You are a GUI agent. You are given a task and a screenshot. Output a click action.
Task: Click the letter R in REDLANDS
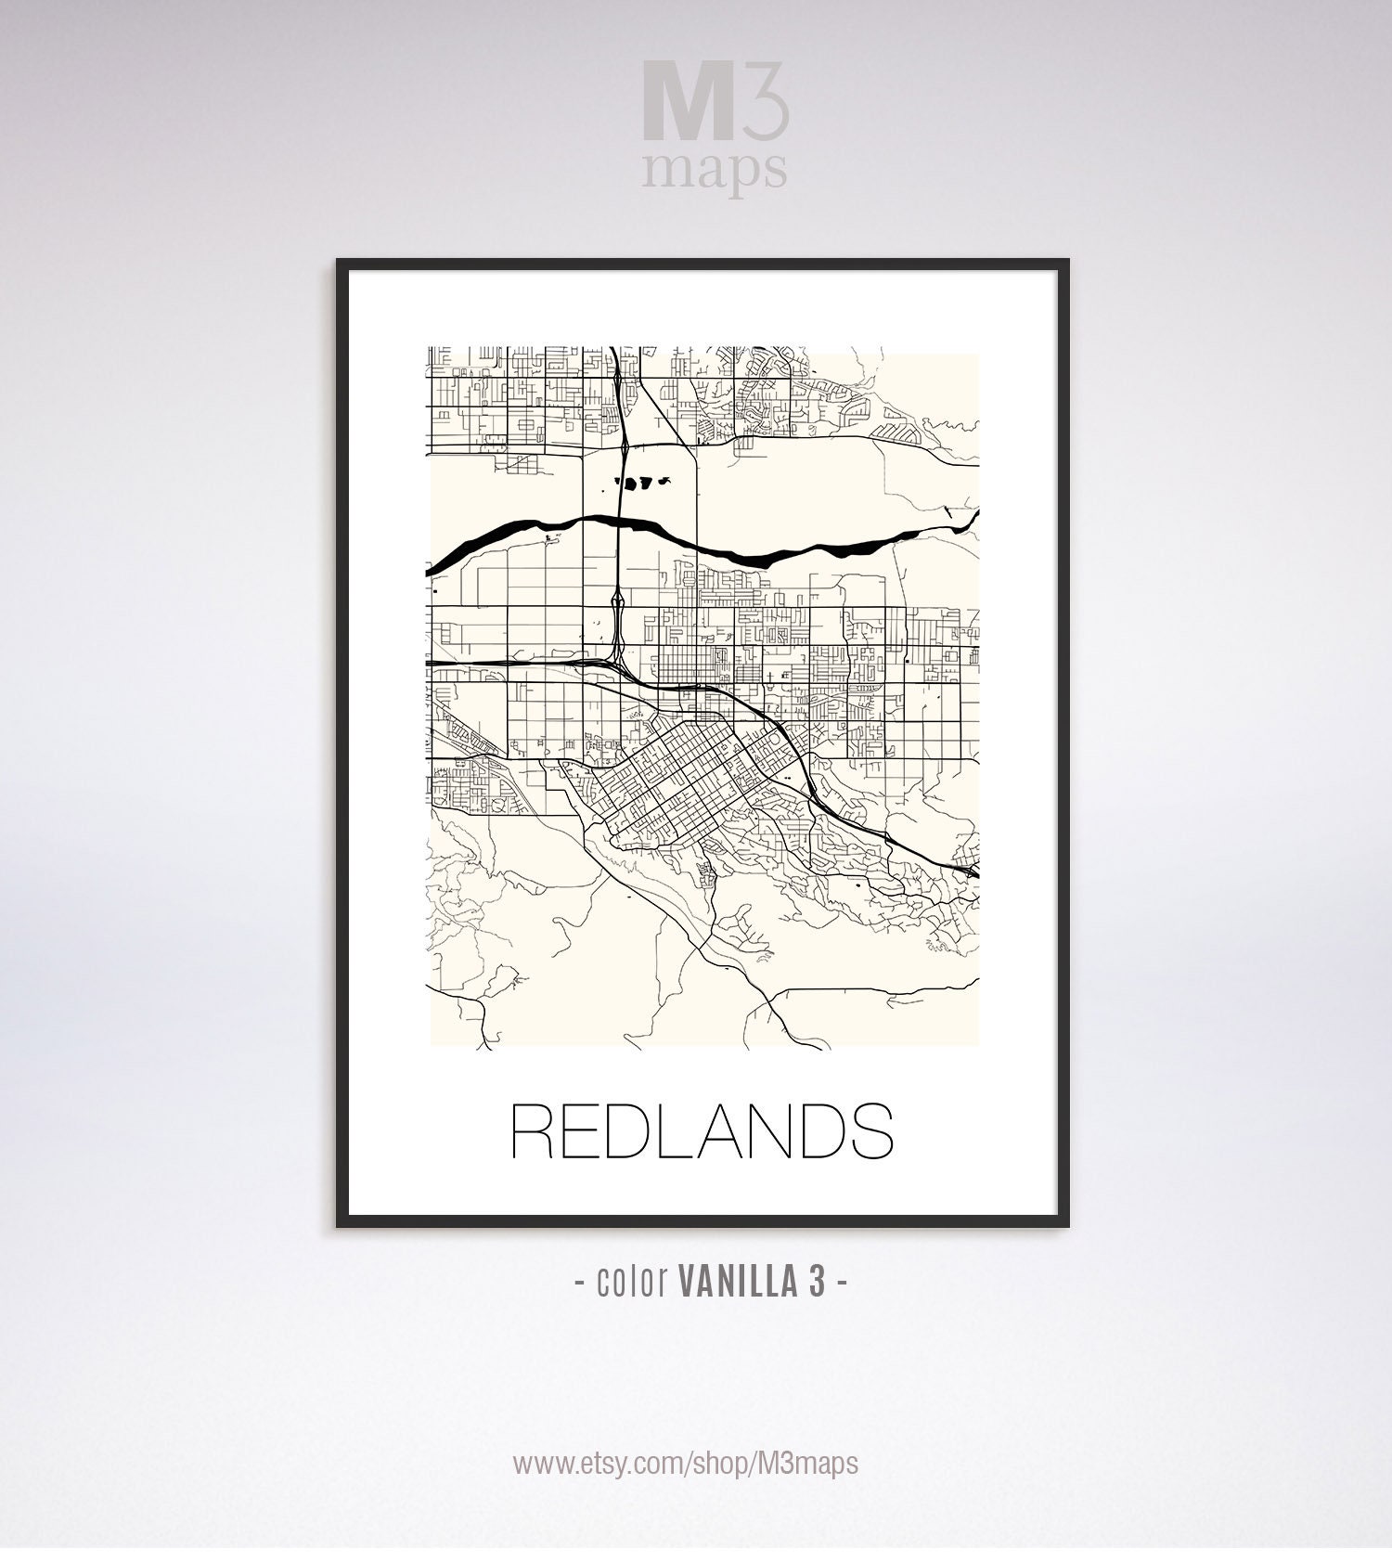[x=535, y=1130]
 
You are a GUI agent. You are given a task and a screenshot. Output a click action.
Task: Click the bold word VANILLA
[x=737, y=1282]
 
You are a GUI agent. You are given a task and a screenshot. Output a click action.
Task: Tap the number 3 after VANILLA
[x=816, y=1282]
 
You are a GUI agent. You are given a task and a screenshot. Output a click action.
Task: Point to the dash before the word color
[x=580, y=1283]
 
